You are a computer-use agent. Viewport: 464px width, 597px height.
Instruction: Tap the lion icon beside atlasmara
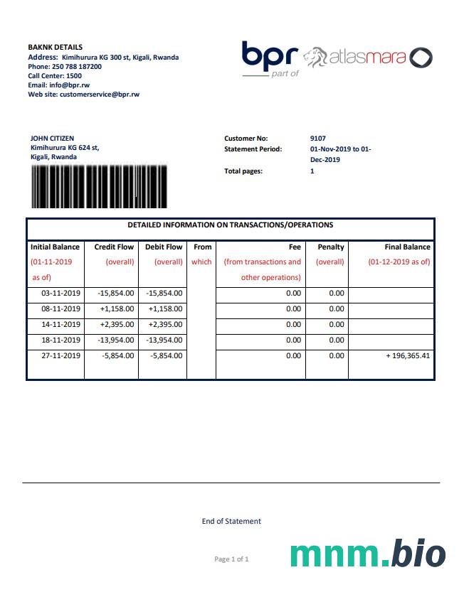coord(315,57)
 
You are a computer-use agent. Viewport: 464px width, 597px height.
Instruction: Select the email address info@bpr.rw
coord(69,85)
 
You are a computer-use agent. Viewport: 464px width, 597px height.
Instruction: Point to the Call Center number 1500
coord(74,75)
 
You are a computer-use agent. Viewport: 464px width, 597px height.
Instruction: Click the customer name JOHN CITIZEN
coord(52,138)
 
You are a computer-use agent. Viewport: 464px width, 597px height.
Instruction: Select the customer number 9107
coord(318,138)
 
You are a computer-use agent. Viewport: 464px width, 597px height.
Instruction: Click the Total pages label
coord(243,171)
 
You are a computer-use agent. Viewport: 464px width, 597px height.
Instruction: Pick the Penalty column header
coord(330,247)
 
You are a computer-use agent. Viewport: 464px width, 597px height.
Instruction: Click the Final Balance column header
coord(407,247)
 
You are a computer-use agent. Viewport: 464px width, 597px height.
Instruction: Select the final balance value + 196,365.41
coord(408,355)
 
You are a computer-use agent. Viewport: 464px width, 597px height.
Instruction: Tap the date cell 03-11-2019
coord(61,293)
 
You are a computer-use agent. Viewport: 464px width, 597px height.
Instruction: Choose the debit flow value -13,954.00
coord(164,340)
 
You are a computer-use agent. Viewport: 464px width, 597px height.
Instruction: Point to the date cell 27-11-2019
coord(61,355)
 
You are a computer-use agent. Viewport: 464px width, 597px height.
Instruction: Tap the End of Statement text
coord(231,521)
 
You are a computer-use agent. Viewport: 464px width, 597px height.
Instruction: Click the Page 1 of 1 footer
coord(231,559)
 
